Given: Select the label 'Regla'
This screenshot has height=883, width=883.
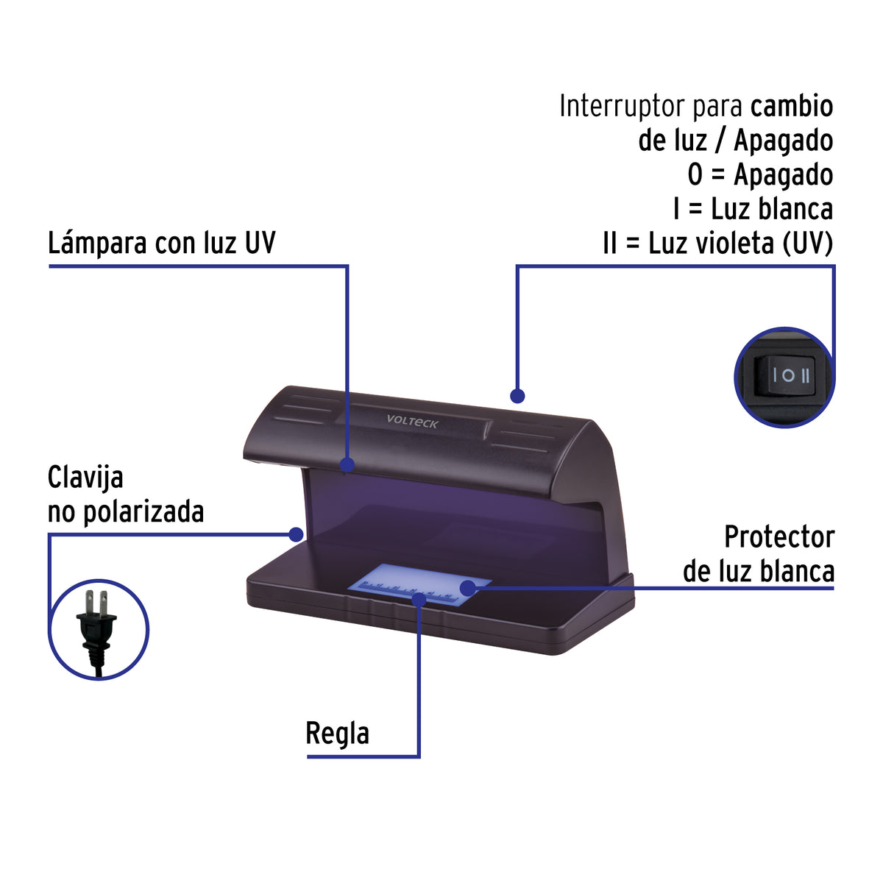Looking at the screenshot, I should [337, 734].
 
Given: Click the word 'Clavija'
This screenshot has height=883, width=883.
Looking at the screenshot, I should [85, 478].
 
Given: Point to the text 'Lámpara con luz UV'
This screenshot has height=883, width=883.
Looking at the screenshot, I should [161, 242].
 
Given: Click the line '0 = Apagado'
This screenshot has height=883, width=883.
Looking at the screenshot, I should [760, 175].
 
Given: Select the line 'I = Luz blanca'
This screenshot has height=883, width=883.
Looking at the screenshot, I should [753, 209].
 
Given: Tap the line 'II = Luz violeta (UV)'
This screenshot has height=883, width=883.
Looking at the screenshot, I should [717, 243].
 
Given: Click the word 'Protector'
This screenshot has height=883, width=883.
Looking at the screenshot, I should [779, 537].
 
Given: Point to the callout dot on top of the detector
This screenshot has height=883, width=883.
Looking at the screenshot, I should [517, 396].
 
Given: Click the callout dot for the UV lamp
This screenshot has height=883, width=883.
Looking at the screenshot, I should [347, 464].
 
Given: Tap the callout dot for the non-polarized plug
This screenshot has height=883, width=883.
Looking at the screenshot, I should [296, 533].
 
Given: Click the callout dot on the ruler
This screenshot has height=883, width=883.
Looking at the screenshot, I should [419, 599].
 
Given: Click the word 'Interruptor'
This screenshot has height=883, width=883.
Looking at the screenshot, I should [623, 106].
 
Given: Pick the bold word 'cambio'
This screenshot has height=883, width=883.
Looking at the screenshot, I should [792, 106].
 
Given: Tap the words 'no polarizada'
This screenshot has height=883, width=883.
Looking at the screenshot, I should [126, 512].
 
